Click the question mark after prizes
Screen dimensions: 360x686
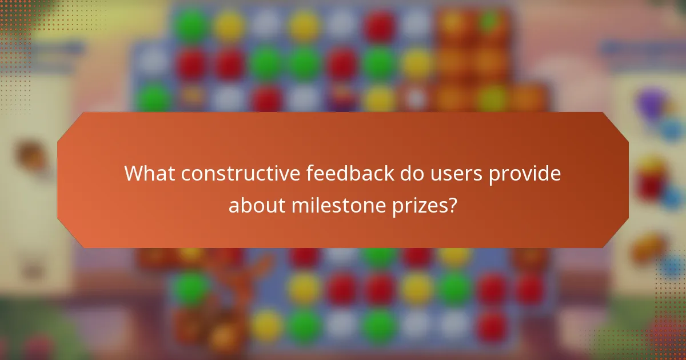pyautogui.click(x=452, y=205)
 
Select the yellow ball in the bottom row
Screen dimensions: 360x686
pyautogui.click(x=266, y=326)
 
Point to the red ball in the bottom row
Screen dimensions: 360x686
pyautogui.click(x=492, y=326)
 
